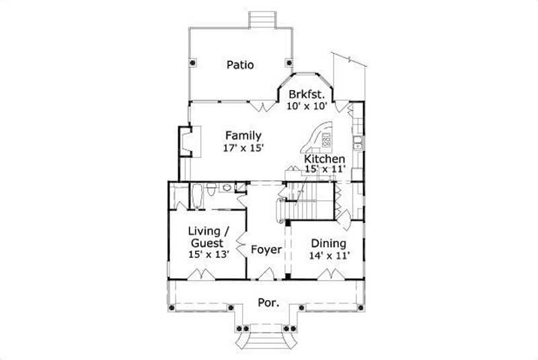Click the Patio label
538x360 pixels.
240,65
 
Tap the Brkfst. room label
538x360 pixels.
307,94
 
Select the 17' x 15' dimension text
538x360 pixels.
243,148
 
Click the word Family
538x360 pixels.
243,136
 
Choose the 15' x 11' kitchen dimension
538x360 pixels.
325,170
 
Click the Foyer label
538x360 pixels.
266,250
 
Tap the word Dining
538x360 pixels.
329,243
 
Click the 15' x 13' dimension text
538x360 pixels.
208,254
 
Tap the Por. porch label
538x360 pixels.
267,303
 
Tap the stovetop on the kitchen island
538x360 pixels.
326,141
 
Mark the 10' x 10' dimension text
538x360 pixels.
307,106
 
